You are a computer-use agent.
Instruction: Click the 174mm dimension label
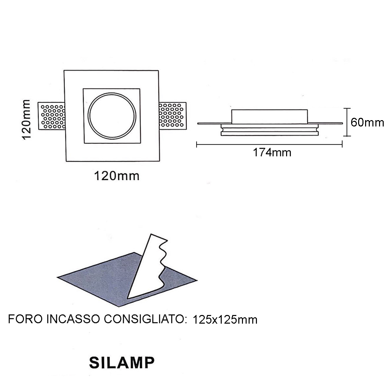272,152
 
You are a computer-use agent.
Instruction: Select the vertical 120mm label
26,119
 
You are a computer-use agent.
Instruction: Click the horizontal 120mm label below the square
117,176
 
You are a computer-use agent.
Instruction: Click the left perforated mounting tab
51,116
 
